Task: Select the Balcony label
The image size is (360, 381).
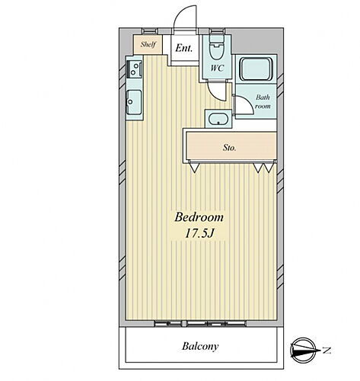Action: [x=201, y=346]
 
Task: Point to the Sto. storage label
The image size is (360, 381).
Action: [x=229, y=147]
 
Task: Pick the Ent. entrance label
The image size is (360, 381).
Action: [x=183, y=48]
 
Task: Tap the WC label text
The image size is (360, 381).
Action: [x=215, y=67]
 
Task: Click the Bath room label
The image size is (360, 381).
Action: [x=263, y=101]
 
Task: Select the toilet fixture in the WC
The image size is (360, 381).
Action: [x=216, y=50]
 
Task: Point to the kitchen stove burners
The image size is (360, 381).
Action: [x=134, y=72]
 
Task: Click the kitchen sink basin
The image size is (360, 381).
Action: [x=134, y=100]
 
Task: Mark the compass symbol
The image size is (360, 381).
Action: [x=305, y=351]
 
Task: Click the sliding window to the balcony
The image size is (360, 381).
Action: [x=199, y=323]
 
